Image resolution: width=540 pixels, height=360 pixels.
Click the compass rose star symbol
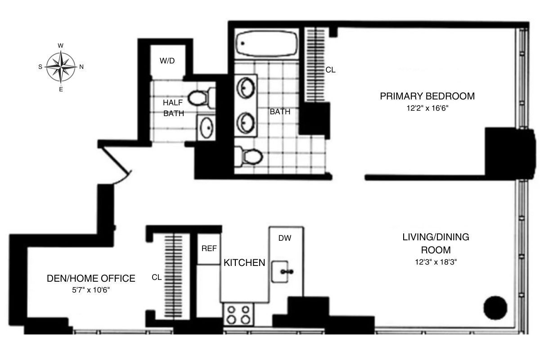61,67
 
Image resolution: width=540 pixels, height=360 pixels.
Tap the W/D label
167,61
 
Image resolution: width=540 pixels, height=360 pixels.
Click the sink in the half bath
207,128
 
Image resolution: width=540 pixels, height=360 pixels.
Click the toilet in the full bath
249,157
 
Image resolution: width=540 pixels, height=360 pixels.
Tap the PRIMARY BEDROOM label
427,96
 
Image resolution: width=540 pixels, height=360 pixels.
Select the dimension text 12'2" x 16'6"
427,108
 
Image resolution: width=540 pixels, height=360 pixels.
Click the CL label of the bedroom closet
331,70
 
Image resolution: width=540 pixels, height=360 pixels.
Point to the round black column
495,308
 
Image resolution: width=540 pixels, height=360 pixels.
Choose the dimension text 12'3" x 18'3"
436,261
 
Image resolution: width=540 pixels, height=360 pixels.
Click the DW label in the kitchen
284,238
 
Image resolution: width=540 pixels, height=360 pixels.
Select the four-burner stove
238,315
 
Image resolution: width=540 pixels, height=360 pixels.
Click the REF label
209,248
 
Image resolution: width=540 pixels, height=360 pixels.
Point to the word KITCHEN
244,263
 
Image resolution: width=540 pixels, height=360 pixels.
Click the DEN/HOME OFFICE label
91,279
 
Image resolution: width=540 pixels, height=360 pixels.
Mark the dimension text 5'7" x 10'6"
91,290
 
